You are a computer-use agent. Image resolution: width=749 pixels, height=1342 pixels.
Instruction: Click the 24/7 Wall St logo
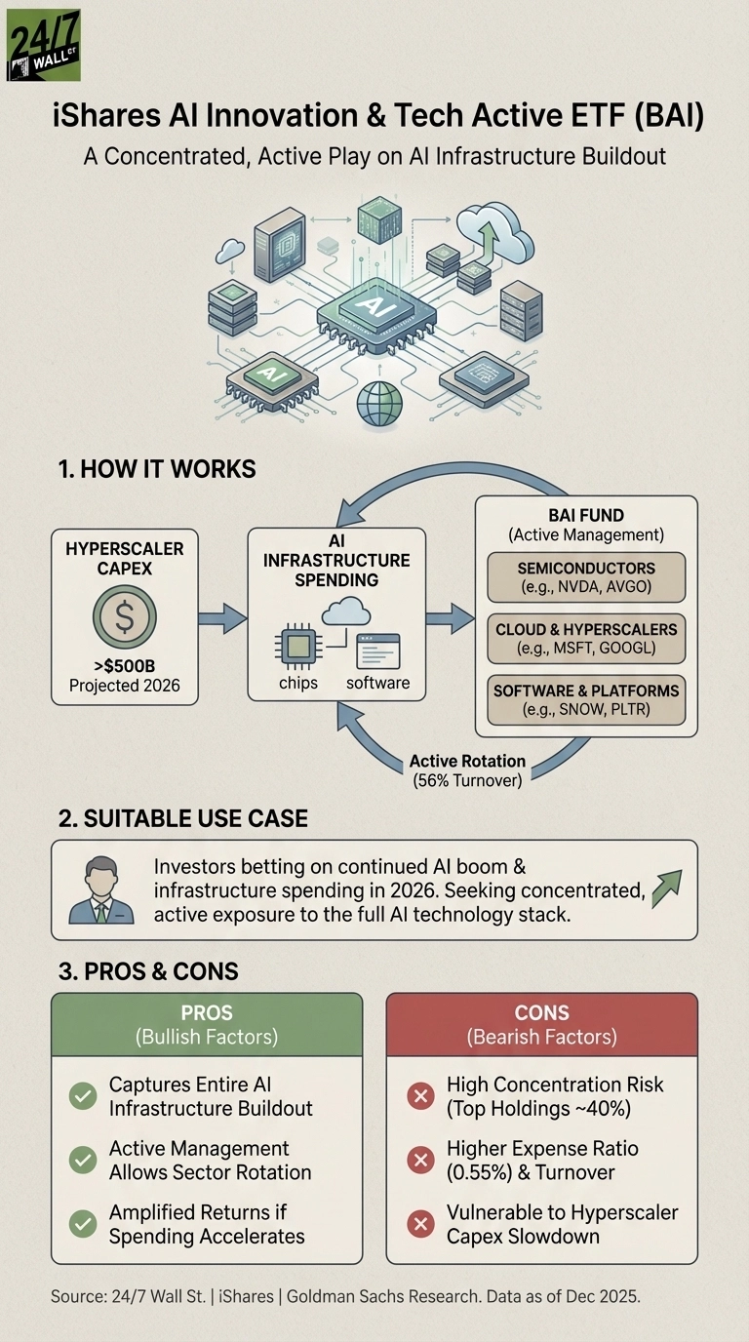coord(44,45)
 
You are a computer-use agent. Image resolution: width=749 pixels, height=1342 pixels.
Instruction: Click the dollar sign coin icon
coord(124,616)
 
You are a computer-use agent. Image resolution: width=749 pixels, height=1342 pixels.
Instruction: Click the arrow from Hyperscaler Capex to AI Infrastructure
coord(221,617)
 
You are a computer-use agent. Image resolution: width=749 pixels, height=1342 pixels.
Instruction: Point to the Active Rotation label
coord(467,761)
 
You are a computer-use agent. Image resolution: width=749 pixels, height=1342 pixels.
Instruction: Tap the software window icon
coord(377,650)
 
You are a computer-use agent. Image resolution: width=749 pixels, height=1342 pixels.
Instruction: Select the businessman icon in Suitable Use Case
coord(100,889)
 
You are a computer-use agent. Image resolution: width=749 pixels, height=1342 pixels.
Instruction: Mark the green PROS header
coord(207,1024)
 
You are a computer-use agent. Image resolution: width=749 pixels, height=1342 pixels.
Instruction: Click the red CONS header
coord(541,1024)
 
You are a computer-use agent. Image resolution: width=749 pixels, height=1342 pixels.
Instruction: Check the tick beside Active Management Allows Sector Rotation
coord(83,1161)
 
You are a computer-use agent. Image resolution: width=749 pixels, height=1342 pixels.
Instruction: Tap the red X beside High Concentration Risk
coord(420,1096)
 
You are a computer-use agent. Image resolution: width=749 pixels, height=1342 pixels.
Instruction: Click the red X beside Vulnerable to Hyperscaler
coord(420,1224)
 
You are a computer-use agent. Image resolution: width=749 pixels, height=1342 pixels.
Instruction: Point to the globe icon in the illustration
coord(379,403)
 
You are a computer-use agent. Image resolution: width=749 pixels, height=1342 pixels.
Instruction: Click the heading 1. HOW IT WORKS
coord(157,469)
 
